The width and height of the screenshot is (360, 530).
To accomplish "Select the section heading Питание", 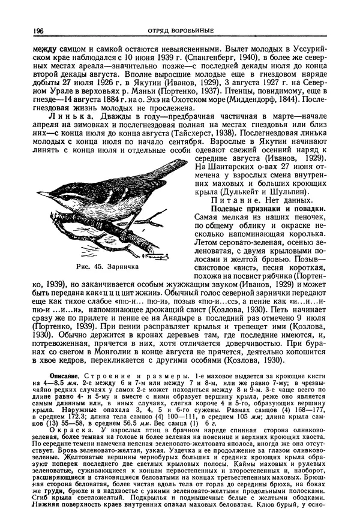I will tap(236, 200).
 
